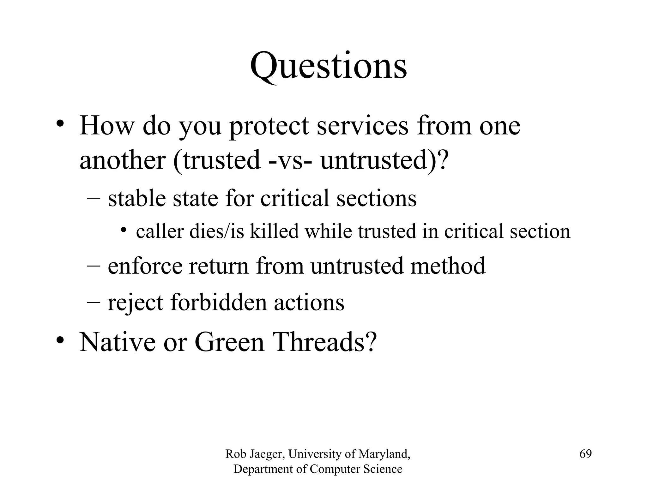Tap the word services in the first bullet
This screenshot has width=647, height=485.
click(362, 126)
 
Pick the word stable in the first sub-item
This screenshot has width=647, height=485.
click(137, 198)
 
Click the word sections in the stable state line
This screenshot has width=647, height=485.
click(376, 198)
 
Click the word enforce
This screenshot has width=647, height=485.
click(145, 266)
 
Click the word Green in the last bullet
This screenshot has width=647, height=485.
click(229, 342)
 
